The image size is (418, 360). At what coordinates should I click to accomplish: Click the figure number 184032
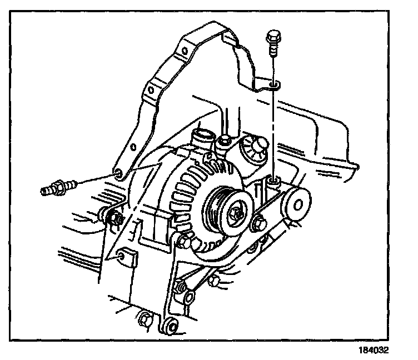374,351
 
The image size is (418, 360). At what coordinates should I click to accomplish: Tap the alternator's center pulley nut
237,213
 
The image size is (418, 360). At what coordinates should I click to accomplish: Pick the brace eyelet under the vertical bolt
274,85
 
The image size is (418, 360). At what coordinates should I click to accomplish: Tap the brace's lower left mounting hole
117,177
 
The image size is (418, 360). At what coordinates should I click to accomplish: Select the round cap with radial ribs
254,148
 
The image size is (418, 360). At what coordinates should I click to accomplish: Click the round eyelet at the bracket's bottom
170,327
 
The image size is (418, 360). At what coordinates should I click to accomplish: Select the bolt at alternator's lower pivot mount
183,242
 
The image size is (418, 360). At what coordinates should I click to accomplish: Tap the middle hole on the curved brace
150,89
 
